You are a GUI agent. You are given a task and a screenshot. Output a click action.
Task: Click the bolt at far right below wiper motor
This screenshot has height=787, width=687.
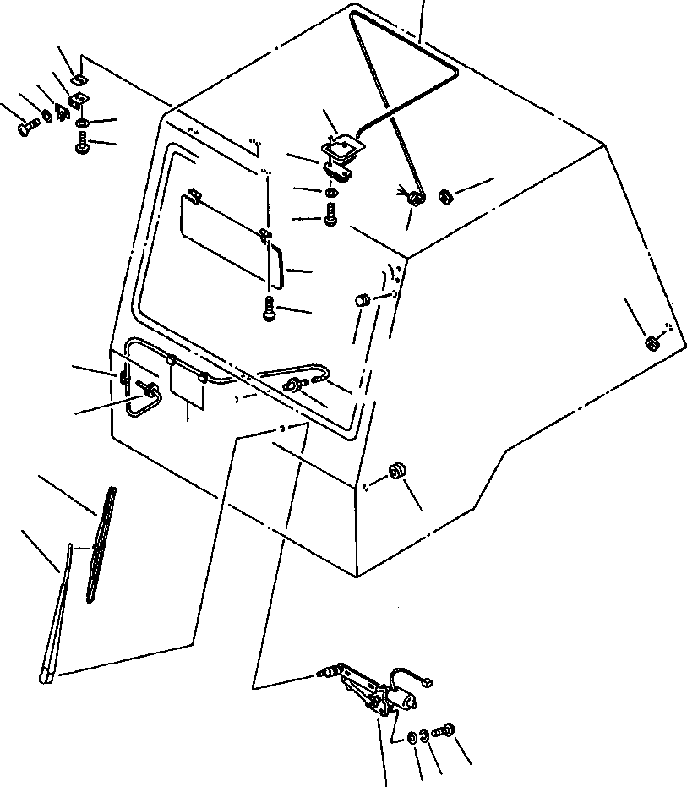(444, 730)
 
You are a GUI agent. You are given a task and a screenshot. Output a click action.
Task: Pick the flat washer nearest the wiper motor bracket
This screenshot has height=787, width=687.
(411, 737)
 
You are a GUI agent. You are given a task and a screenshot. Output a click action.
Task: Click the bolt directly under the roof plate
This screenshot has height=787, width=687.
(330, 219)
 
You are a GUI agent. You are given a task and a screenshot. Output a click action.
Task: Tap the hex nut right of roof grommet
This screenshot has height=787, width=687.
(444, 196)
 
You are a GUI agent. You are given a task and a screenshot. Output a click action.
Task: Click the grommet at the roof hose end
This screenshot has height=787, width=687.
(415, 199)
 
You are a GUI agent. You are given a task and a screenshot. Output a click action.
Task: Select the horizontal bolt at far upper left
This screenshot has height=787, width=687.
(25, 129)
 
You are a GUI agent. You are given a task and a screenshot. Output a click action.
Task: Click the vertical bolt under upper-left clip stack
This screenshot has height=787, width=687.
(82, 147)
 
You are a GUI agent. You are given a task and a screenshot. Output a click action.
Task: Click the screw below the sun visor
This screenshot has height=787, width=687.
(268, 310)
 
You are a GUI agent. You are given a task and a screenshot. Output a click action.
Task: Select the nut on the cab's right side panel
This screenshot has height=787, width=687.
(652, 343)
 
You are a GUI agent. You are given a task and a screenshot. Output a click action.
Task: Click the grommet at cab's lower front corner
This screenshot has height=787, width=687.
(394, 472)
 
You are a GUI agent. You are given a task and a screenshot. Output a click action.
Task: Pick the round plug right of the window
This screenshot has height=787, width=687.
(361, 299)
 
